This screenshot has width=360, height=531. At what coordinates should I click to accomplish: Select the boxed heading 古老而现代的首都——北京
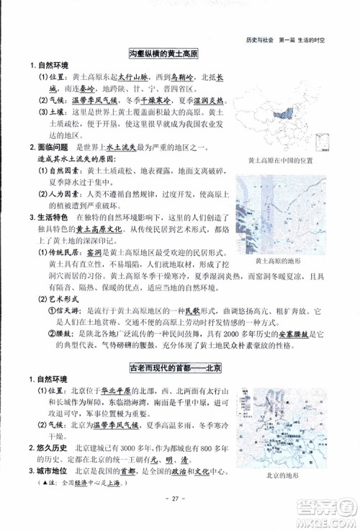(x=177, y=367)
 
